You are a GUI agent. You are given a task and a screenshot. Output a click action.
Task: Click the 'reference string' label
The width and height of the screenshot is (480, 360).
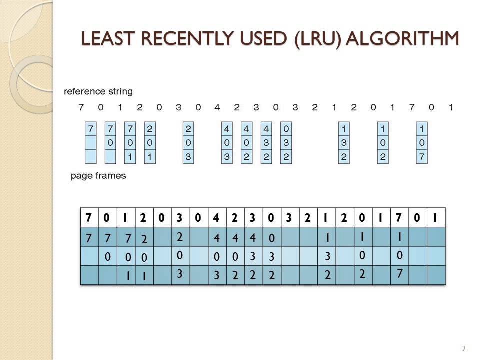click(x=98, y=92)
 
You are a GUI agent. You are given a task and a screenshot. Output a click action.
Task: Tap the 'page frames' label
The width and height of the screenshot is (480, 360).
click(x=98, y=175)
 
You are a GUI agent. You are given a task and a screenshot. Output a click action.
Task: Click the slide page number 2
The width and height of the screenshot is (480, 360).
click(x=463, y=348)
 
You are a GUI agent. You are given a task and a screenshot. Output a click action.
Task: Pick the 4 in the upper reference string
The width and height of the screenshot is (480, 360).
click(x=217, y=107)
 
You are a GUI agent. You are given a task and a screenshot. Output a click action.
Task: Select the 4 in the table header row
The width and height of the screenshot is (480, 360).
click(x=216, y=218)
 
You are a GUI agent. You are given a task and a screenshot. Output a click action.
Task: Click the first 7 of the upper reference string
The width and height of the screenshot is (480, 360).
click(x=81, y=107)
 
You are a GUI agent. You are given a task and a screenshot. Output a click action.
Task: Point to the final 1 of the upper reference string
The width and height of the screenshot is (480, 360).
click(x=450, y=107)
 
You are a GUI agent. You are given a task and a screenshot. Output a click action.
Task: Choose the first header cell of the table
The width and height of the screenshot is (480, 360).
click(x=89, y=218)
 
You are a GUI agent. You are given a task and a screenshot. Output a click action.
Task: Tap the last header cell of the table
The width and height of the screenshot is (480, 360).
click(x=435, y=218)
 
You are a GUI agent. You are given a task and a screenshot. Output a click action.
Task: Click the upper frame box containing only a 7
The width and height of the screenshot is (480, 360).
click(x=90, y=142)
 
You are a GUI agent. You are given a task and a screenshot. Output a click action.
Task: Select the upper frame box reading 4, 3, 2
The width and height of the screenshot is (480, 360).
click(x=266, y=142)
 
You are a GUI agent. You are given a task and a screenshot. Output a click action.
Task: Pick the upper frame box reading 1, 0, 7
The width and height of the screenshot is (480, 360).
click(x=422, y=142)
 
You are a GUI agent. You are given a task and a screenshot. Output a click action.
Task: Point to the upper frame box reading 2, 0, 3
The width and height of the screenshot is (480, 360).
click(x=188, y=142)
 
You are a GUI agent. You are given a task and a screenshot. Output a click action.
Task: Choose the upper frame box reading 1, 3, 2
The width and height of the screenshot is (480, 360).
click(x=344, y=142)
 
